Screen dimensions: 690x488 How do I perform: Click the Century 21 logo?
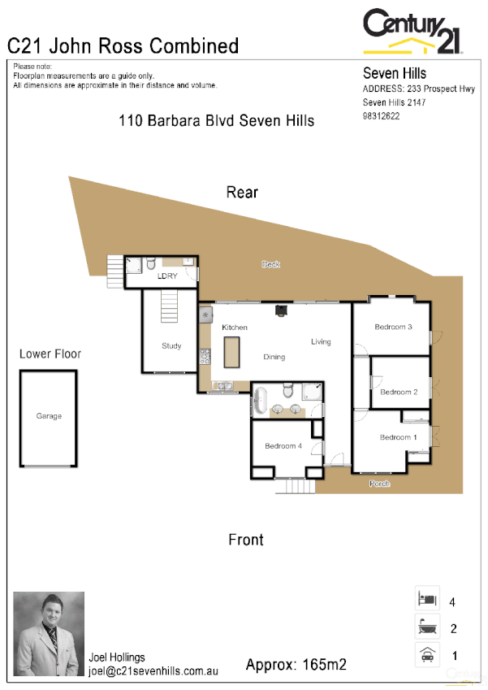tap(413, 31)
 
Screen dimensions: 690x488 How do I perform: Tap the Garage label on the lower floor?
tap(49, 416)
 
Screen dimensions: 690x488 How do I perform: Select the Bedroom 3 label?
tap(393, 328)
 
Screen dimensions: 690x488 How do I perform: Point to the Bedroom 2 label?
tap(399, 393)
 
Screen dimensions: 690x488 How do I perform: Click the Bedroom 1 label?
tap(396, 438)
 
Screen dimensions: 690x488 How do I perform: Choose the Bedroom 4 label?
tap(283, 446)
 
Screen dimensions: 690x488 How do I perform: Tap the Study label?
tap(171, 346)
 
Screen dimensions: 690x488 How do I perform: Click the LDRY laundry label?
tap(167, 276)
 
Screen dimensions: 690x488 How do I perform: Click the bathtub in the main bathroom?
tap(261, 402)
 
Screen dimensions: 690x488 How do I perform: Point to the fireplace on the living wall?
tap(282, 309)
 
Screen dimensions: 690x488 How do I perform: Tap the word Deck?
tap(270, 264)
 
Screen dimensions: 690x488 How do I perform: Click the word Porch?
tap(379, 484)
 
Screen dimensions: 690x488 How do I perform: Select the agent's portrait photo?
tap(49, 634)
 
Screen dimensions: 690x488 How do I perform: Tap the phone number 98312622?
tap(381, 116)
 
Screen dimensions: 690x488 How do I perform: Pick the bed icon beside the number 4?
tap(426, 599)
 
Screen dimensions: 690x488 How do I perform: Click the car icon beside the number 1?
tap(426, 654)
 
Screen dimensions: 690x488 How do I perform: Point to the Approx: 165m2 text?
tap(296, 664)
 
